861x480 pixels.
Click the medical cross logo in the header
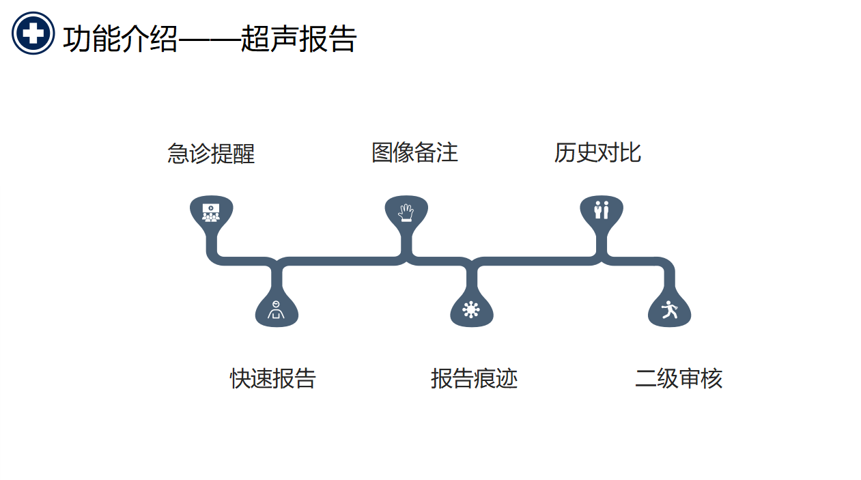(33, 33)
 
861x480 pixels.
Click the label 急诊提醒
(211, 153)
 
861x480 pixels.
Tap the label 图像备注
(414, 152)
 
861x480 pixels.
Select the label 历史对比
(597, 152)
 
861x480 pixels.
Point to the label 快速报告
(272, 378)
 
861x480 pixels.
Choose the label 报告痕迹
(474, 378)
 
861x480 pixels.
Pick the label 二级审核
(678, 378)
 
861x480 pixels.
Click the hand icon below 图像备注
(406, 212)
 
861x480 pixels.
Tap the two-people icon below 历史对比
(601, 210)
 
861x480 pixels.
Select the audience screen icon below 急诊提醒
(211, 212)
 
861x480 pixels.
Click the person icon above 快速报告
(276, 311)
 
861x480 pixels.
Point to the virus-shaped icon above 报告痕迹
(471, 310)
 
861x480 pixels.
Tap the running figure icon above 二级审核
(669, 310)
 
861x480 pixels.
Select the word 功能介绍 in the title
(120, 39)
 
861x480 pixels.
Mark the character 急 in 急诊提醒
(178, 153)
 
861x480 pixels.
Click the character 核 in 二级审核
(711, 378)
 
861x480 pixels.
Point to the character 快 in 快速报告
(240, 378)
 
